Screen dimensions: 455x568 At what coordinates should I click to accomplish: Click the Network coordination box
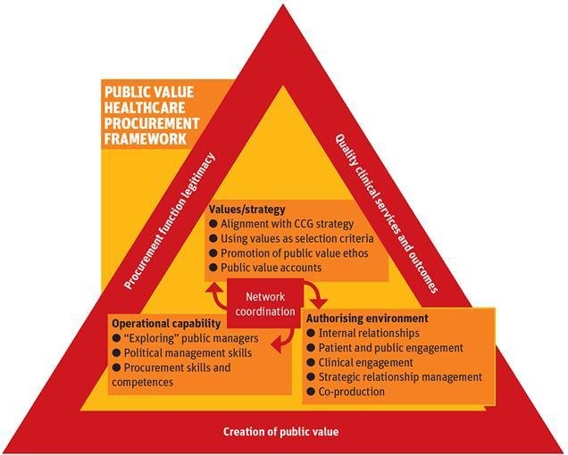(269, 304)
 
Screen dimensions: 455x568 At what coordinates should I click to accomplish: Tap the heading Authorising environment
(367, 318)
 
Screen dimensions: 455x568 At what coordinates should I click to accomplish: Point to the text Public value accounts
(265, 267)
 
